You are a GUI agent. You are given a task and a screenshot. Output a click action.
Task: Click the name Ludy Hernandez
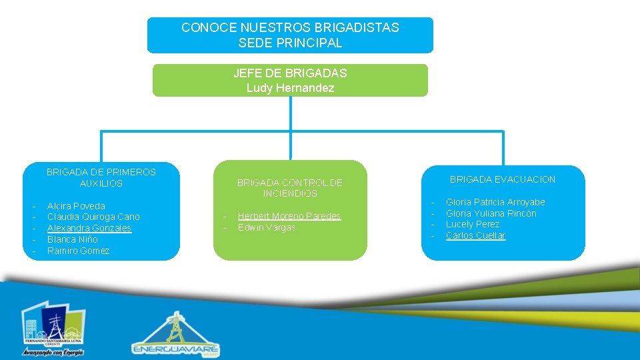(x=290, y=88)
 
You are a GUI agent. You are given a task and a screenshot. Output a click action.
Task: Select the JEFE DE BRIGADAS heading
(x=290, y=73)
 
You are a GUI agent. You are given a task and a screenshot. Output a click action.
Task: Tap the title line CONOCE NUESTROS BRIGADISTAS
(x=290, y=28)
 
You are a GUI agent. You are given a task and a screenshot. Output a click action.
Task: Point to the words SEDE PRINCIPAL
(x=290, y=43)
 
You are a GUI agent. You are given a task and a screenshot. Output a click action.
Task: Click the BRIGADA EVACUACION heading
(x=502, y=179)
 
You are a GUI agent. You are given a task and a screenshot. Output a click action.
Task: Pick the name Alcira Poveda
(x=76, y=206)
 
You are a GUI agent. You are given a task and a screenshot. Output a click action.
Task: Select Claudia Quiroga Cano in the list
(x=93, y=217)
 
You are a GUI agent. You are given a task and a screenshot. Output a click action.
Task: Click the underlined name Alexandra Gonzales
(x=89, y=228)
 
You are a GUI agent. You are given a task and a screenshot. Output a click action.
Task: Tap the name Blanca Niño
(x=72, y=239)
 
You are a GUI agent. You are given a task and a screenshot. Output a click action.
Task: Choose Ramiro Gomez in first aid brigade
(x=78, y=251)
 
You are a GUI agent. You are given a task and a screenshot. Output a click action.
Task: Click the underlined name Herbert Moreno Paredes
(x=289, y=216)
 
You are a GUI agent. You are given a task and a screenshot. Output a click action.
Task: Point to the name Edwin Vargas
(x=267, y=227)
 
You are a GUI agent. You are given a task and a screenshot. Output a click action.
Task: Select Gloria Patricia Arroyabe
(x=495, y=202)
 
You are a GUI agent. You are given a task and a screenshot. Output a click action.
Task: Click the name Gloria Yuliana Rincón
(x=491, y=213)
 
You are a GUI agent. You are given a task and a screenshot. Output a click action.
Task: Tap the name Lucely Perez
(x=472, y=224)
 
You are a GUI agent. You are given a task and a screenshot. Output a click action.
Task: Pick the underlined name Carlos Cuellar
(x=475, y=235)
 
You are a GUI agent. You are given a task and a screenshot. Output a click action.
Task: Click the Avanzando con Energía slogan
(x=53, y=352)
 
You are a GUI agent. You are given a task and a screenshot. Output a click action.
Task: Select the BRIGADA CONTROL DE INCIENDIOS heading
(x=290, y=188)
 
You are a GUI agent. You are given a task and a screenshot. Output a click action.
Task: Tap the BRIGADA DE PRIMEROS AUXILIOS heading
(x=101, y=177)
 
